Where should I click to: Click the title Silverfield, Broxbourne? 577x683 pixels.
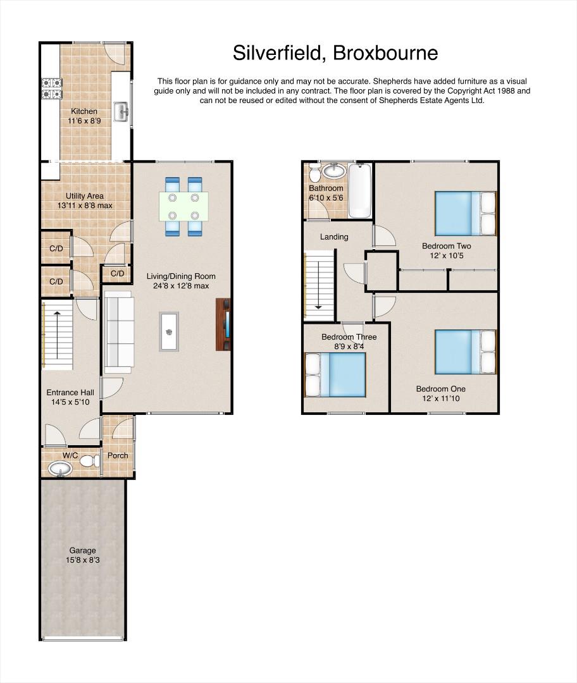(335, 53)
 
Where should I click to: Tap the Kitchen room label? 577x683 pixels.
(84, 111)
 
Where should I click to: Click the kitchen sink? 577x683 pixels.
(121, 112)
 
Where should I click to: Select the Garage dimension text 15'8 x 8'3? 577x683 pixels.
(83, 560)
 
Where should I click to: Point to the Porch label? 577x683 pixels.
(118, 455)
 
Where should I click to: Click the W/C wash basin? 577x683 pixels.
(60, 469)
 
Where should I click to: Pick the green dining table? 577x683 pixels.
(183, 206)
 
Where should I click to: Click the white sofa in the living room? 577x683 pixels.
(118, 332)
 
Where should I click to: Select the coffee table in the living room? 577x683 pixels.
(169, 331)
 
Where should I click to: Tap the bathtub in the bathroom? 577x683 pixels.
(360, 190)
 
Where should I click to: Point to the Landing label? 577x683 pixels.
(334, 237)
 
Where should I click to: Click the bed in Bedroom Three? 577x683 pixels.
(335, 374)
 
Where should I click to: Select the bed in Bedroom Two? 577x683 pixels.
(466, 214)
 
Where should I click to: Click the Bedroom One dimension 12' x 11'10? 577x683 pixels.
(441, 398)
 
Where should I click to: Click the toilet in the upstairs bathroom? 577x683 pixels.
(314, 173)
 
